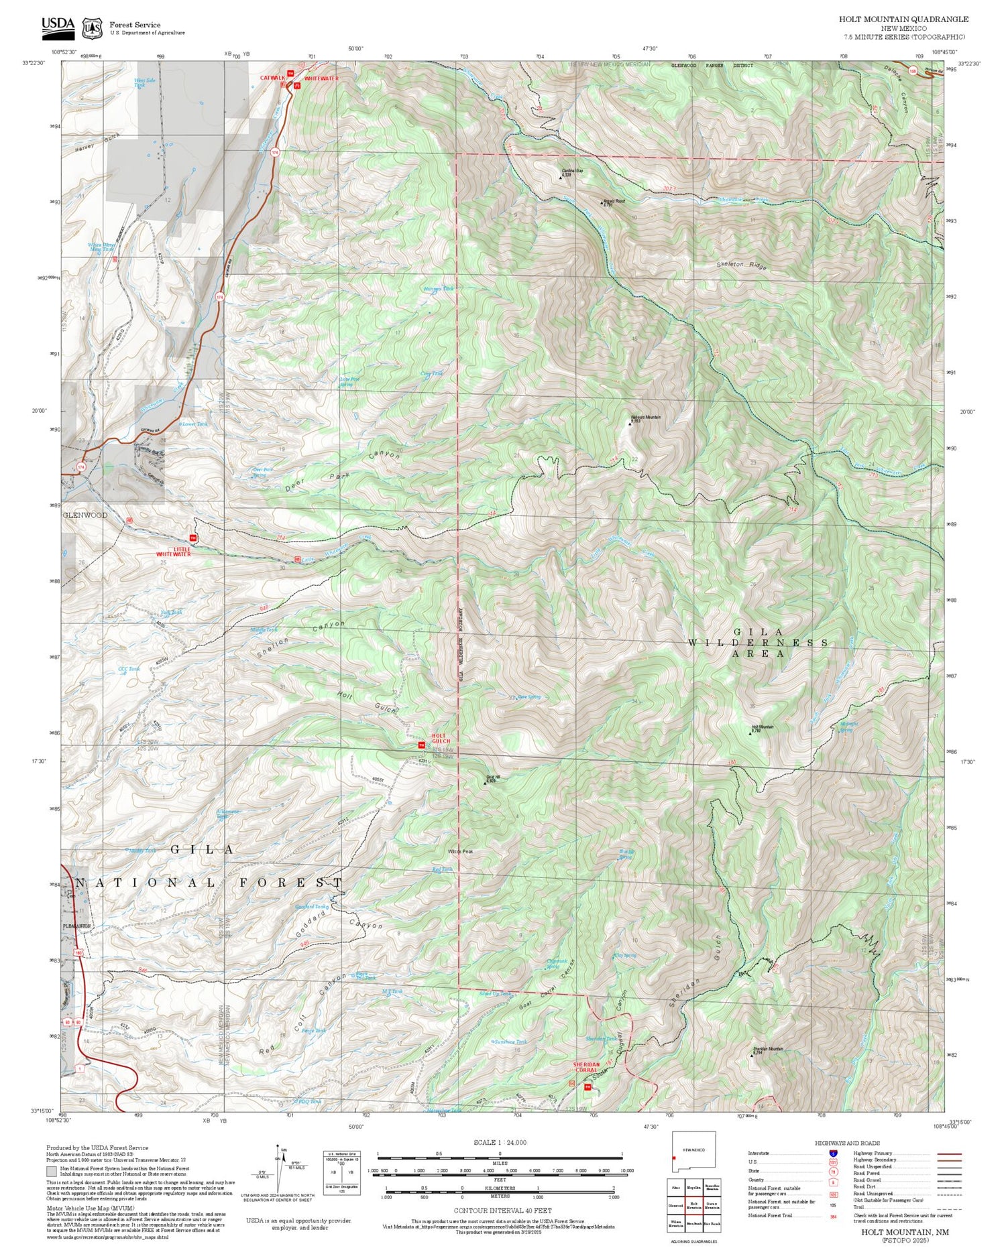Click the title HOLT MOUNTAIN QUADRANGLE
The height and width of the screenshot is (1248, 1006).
[x=903, y=19]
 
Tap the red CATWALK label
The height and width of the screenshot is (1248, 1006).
[x=273, y=78]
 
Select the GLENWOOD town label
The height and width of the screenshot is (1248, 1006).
[x=85, y=515]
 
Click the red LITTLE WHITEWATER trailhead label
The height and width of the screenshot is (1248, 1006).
[x=174, y=552]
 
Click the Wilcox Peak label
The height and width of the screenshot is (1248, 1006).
[x=461, y=851]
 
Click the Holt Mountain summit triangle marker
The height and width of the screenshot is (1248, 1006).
[x=750, y=733]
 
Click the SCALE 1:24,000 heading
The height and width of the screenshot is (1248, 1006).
[x=500, y=1142]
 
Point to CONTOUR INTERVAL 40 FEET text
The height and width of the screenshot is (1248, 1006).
[x=503, y=1210]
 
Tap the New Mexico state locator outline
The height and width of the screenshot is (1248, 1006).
[x=693, y=1151]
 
